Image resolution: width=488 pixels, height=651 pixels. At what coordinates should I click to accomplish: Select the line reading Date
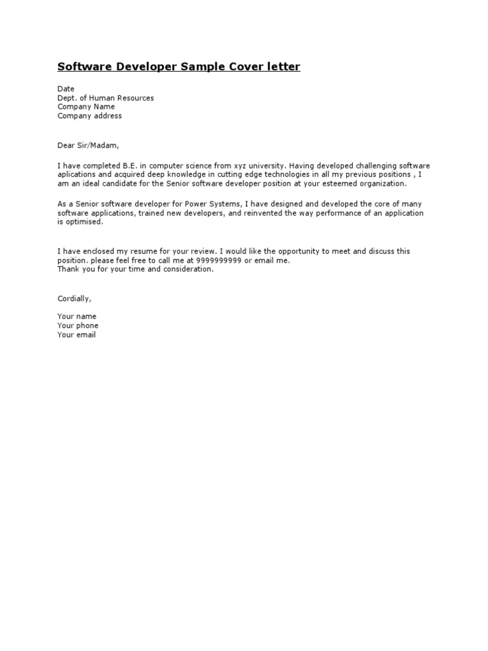coord(66,89)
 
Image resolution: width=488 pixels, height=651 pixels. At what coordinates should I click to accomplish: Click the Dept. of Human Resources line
coord(105,98)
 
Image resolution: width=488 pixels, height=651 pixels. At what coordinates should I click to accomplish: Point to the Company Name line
coord(86,107)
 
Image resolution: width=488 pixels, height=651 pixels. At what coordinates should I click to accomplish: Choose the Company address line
coord(90,116)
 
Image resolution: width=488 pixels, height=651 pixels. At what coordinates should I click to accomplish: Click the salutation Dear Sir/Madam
coord(88,145)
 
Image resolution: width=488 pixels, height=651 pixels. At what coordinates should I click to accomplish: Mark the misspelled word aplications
coord(78,174)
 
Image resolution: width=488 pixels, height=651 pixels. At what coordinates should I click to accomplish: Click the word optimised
coord(83,222)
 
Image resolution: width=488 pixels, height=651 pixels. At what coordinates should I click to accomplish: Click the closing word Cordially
coord(74,299)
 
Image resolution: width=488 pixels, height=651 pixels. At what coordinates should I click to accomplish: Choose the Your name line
coord(77,317)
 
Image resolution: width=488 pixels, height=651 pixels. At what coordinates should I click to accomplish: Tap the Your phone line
coord(78,325)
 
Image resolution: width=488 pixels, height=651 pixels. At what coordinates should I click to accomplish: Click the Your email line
coord(77,334)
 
